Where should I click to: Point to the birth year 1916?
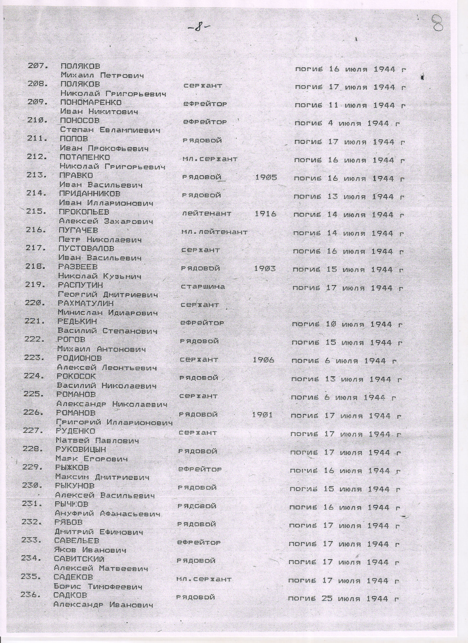tap(265, 214)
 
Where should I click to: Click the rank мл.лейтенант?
tap(214, 232)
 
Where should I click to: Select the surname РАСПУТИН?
tap(80, 285)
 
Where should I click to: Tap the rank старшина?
tap(203, 287)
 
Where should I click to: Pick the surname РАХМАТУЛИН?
tap(85, 303)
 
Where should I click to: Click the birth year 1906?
tap(263, 360)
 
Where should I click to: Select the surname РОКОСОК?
tap(76, 376)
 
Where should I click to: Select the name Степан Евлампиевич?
tap(110, 130)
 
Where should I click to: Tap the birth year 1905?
tap(266, 177)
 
